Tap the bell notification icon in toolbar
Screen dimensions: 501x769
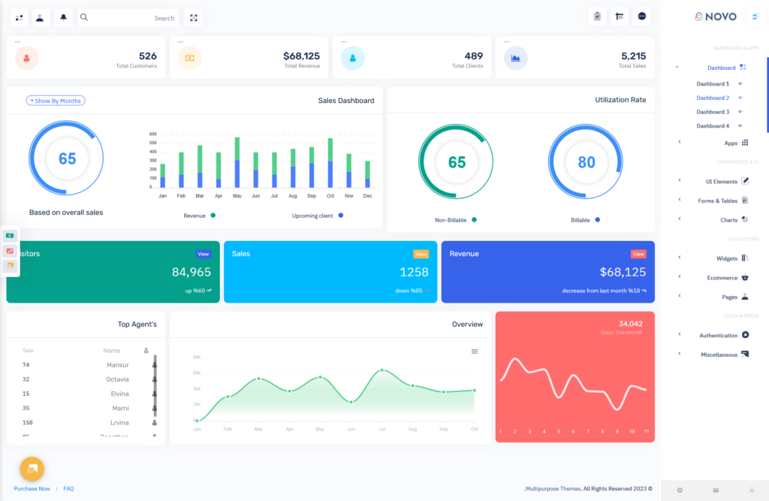(63, 17)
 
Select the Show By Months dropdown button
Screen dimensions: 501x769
(56, 101)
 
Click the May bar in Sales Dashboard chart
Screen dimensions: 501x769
(237, 162)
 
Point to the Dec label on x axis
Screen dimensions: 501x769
(367, 196)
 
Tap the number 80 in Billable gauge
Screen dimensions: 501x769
(586, 162)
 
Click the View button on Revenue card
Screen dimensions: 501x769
(638, 254)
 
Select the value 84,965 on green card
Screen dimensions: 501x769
(191, 272)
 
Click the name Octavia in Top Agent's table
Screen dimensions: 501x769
(117, 379)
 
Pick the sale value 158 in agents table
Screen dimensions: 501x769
(27, 422)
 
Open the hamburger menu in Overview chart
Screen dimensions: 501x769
(475, 351)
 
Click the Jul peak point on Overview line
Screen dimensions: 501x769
(381, 370)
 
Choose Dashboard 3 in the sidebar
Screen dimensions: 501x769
(712, 112)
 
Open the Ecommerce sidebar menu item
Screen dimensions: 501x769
(722, 278)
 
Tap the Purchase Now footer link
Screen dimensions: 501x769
(32, 489)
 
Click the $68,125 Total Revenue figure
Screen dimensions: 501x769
(301, 56)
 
